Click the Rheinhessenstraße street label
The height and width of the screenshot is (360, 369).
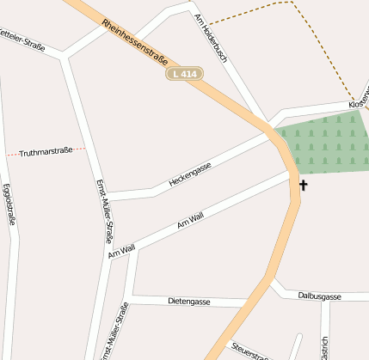click(x=134, y=41)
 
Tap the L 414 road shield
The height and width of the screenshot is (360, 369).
click(x=185, y=75)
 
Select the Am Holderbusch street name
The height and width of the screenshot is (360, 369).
click(x=210, y=41)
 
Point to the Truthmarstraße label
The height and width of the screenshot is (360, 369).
click(x=46, y=152)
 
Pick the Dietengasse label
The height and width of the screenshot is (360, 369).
click(x=189, y=302)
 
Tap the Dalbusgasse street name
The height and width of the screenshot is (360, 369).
click(x=319, y=296)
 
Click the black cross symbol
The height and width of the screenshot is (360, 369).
click(x=303, y=185)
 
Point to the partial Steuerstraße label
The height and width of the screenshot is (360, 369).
click(x=248, y=351)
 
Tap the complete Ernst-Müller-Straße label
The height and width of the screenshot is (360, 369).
click(x=104, y=212)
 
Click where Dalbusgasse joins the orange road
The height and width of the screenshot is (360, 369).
click(x=273, y=281)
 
